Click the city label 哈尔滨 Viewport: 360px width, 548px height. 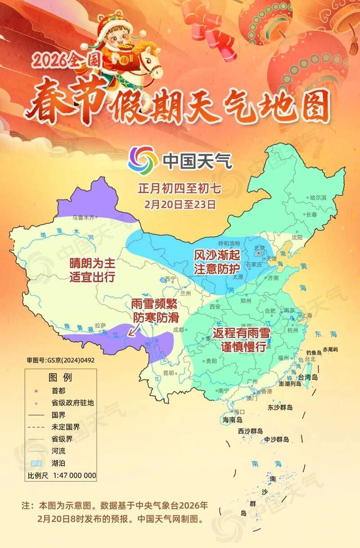click(318, 197)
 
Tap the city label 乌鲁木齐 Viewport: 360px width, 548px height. click(84, 218)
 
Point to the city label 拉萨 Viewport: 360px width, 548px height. click(100, 325)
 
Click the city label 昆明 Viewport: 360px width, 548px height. click(168, 373)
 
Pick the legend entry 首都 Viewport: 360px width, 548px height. click(58, 391)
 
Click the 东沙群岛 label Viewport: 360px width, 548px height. click(280, 408)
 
